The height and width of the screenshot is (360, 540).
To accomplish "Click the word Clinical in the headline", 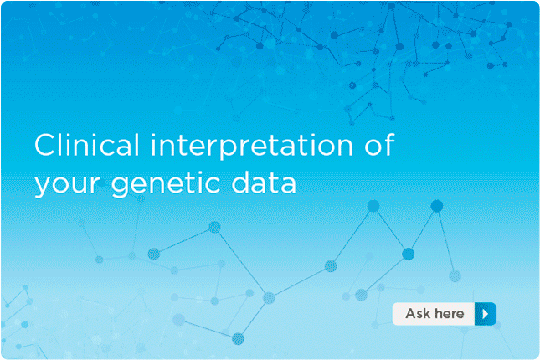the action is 87,145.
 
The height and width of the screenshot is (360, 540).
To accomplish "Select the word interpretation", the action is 252,147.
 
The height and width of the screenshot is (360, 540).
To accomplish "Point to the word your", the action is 67,187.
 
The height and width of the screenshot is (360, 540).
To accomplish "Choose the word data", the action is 264,182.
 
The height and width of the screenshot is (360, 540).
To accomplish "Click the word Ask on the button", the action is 418,313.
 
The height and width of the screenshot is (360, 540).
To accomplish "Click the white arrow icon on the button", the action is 486,314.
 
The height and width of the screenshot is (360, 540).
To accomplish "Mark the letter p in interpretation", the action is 239,151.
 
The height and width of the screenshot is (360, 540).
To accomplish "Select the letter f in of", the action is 388,145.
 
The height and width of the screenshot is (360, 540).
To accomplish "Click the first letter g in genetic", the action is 121,187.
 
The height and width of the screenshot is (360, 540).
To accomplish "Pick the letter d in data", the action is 241,182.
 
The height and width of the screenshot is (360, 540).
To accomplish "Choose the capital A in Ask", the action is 411,313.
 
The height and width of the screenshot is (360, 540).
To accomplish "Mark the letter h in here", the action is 438,313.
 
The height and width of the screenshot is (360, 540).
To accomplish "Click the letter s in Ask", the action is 420,315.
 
